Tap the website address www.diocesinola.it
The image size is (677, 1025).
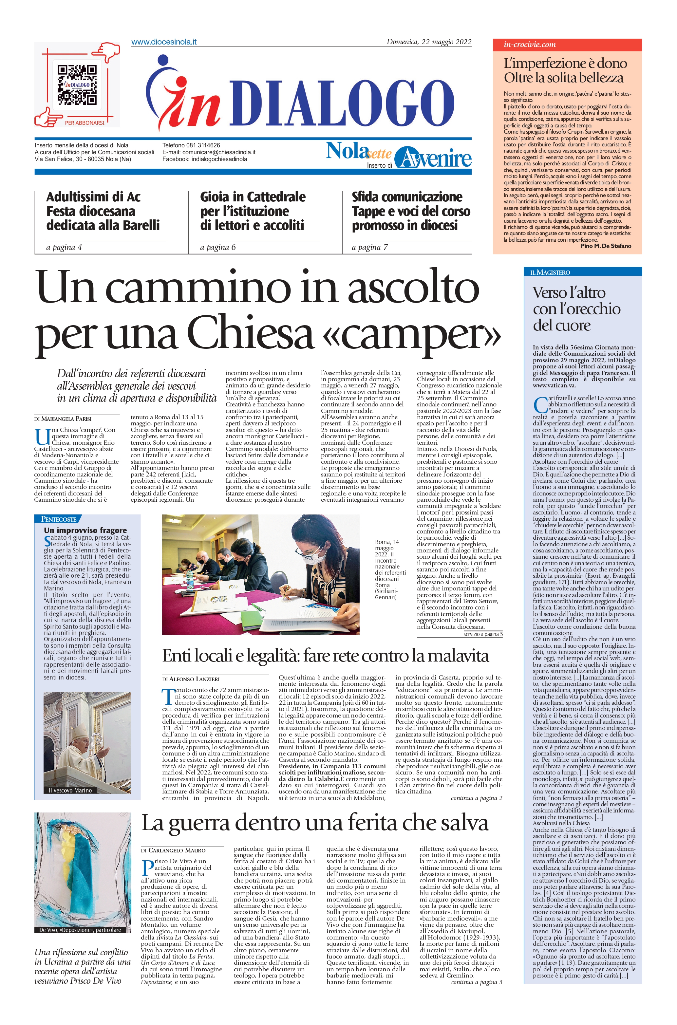pos(164,42)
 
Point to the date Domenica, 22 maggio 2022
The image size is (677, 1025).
pos(428,42)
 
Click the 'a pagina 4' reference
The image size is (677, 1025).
pos(64,247)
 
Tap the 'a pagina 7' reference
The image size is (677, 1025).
pos(369,247)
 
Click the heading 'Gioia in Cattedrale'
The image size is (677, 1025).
pos(253,197)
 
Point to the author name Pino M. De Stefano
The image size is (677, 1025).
pos(606,246)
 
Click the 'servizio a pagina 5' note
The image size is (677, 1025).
pos(483,634)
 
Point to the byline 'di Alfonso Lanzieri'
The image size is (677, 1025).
pos(191,679)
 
